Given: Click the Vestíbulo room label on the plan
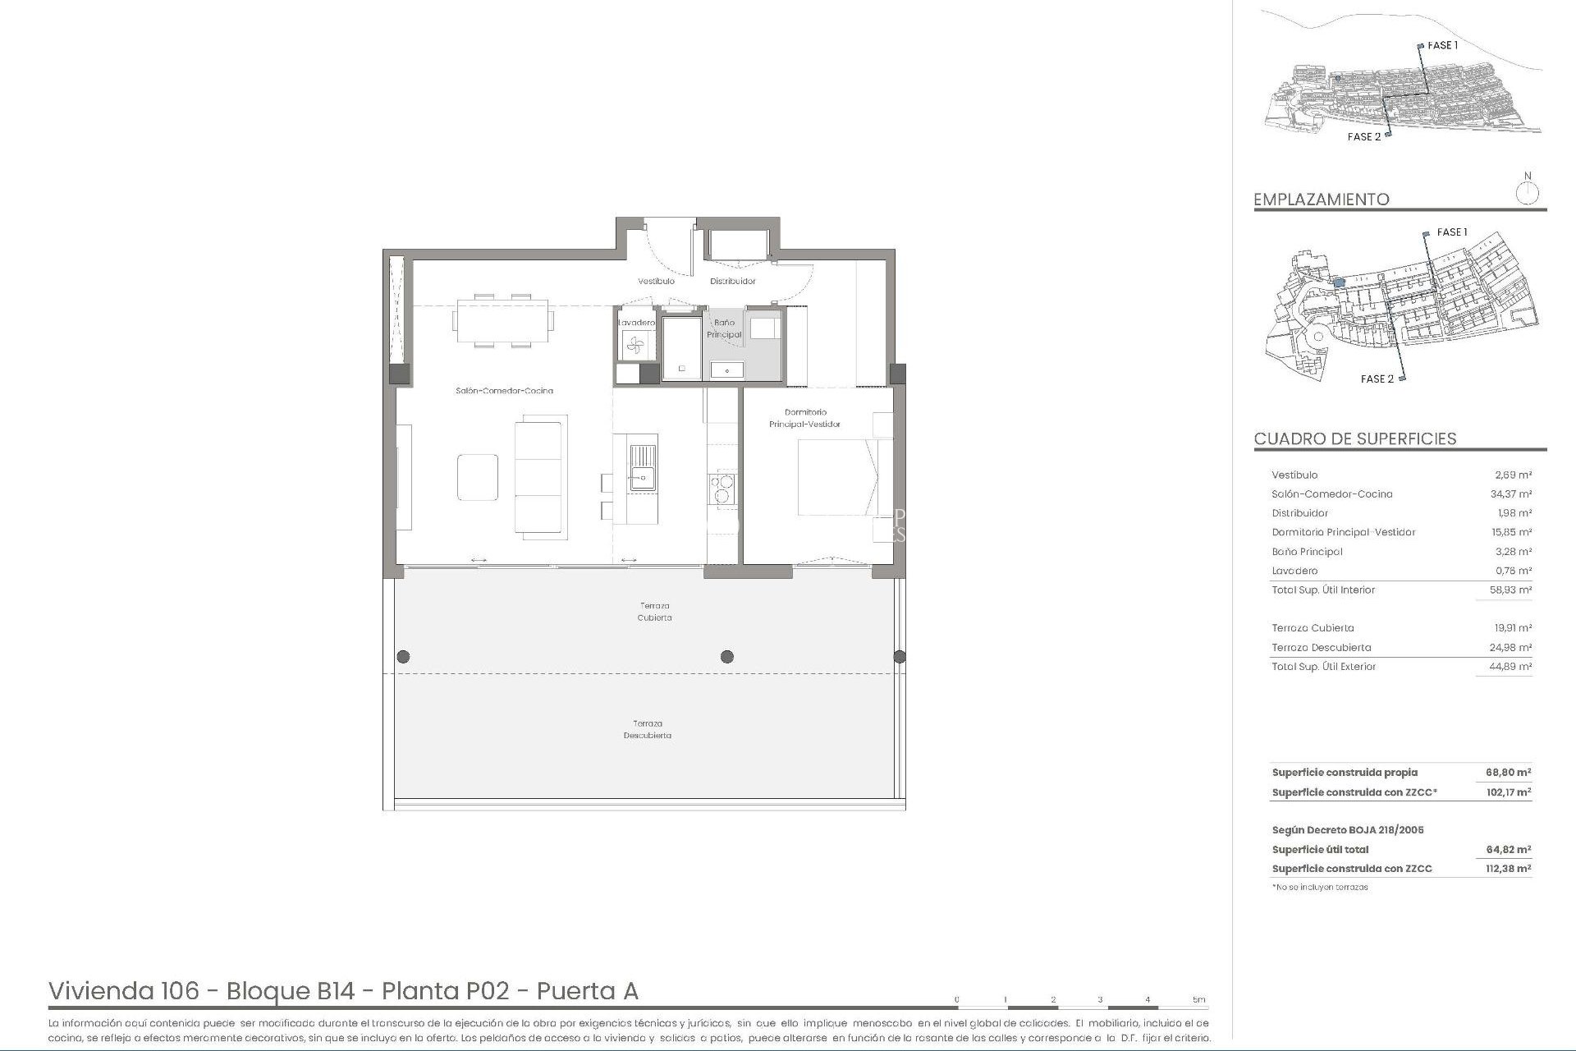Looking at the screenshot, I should (656, 282).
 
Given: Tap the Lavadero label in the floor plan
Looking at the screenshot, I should (637, 323).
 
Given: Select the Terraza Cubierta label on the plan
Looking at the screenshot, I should (654, 612).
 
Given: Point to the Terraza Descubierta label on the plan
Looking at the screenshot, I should (647, 729).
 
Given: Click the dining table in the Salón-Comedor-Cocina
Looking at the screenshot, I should (502, 320).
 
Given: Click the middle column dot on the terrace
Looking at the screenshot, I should (726, 656).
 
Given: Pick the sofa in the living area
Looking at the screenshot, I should (540, 475).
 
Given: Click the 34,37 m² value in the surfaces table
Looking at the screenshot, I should (1510, 494).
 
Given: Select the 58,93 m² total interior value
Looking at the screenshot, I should (1510, 590).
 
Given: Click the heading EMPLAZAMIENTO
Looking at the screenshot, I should (1321, 200).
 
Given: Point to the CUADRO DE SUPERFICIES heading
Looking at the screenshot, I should (1354, 438).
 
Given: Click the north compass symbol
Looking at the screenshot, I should (1527, 194).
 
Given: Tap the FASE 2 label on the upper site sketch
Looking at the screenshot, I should (1363, 137).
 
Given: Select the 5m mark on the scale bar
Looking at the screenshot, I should (1198, 1000).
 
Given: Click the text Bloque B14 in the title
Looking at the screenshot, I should (290, 992).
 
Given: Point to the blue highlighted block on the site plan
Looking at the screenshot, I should (1338, 282).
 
